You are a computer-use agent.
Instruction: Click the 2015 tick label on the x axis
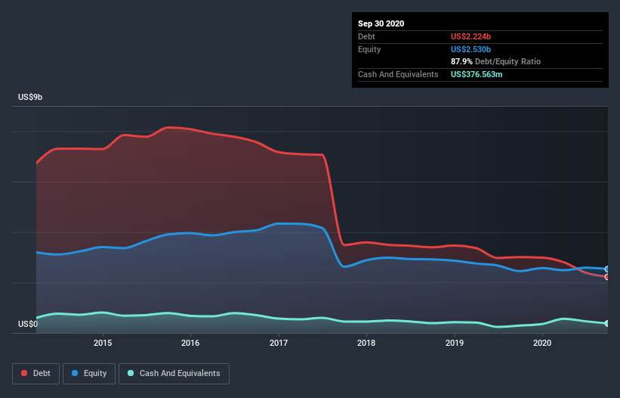[x=103, y=343]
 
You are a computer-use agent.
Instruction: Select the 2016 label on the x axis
[x=190, y=343]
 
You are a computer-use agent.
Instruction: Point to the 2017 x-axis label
[x=279, y=343]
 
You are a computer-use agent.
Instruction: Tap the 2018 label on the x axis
[x=366, y=343]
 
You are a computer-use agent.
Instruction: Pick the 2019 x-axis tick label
[x=455, y=343]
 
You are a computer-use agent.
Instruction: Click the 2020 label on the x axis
[x=542, y=343]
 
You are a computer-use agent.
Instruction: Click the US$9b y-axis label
[x=31, y=98]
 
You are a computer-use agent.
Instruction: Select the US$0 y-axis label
[x=27, y=325]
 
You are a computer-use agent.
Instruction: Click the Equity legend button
[x=89, y=373]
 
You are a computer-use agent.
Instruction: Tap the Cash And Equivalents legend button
[x=174, y=373]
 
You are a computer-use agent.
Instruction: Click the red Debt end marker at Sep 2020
[x=606, y=277]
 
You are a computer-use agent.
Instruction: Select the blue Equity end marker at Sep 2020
[x=606, y=269]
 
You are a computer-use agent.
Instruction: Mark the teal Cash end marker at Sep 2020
[x=606, y=324]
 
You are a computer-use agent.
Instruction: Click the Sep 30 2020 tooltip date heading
[x=381, y=23]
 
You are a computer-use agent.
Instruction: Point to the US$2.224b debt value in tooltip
[x=471, y=36]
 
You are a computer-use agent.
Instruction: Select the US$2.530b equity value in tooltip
[x=471, y=49]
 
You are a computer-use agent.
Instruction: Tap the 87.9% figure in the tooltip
[x=461, y=61]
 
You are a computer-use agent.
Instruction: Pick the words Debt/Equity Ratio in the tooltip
[x=507, y=61]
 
